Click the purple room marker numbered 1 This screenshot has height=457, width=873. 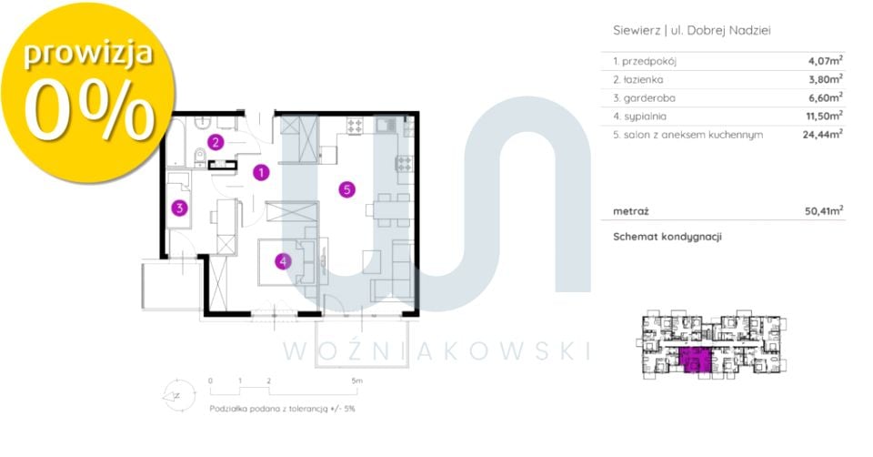pyautogui.click(x=261, y=172)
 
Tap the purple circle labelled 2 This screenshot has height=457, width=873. pyautogui.click(x=216, y=142)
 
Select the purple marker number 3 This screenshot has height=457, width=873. pyautogui.click(x=179, y=208)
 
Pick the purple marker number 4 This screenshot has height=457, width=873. pyautogui.click(x=283, y=261)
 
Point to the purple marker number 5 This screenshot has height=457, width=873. pyautogui.click(x=346, y=189)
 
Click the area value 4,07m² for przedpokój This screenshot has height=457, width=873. pyautogui.click(x=825, y=61)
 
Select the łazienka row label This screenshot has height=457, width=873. pyautogui.click(x=638, y=80)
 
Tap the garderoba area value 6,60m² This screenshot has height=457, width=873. pyautogui.click(x=825, y=97)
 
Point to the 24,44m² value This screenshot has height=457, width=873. pyautogui.click(x=822, y=135)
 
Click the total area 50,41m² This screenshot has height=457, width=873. pyautogui.click(x=824, y=211)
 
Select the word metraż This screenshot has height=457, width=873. pyautogui.click(x=631, y=211)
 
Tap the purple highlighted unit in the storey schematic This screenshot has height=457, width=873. pyautogui.click(x=696, y=360)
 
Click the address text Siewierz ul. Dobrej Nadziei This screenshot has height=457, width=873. pyautogui.click(x=692, y=31)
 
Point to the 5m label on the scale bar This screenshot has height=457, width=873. pyautogui.click(x=356, y=381)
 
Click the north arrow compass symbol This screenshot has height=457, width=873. pyautogui.click(x=178, y=396)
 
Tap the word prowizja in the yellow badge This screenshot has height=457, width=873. pyautogui.click(x=88, y=54)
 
